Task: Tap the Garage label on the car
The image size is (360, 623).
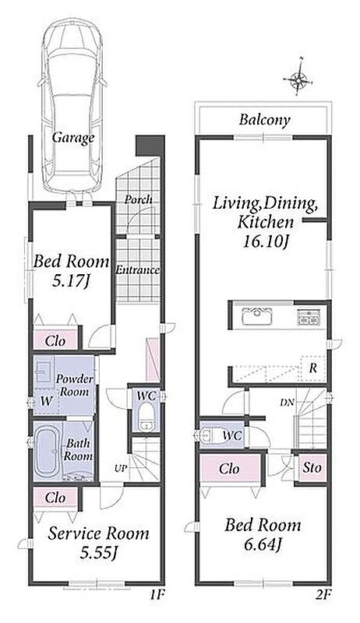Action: [x=73, y=138]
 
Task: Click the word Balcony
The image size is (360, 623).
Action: [x=265, y=120]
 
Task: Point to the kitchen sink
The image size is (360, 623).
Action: [x=256, y=317]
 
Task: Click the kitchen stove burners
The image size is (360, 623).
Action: [x=309, y=318]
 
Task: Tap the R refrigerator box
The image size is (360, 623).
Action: [x=313, y=368]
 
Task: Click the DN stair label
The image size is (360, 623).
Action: [x=287, y=403]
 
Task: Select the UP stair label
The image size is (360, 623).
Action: [x=121, y=469]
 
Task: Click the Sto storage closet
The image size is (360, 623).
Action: [x=312, y=468]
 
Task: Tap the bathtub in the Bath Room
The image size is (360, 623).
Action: [x=47, y=451]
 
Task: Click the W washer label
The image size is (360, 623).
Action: [x=47, y=401]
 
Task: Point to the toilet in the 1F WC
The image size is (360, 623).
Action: [x=146, y=417]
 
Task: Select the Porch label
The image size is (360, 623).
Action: [x=139, y=199]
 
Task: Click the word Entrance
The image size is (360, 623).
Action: [x=137, y=270]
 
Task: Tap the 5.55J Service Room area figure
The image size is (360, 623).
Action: [x=98, y=553]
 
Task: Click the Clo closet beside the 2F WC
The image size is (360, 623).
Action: [x=229, y=469]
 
